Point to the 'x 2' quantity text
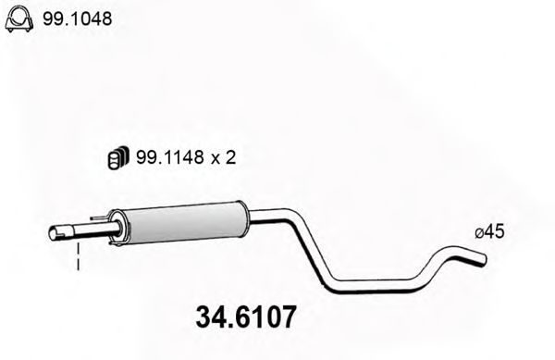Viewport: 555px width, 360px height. [225, 158]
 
